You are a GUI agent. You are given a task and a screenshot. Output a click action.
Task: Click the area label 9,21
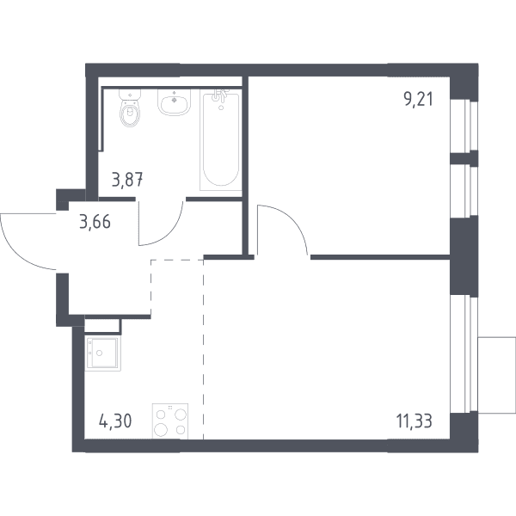[418, 100]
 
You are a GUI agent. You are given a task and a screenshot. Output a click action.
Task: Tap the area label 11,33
[414, 421]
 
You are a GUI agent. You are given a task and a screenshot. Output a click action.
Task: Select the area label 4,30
[115, 421]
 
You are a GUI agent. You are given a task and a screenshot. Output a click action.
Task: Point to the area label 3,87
[127, 181]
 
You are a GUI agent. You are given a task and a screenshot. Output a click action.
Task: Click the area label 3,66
[95, 222]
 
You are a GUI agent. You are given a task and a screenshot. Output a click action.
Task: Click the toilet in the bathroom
[130, 107]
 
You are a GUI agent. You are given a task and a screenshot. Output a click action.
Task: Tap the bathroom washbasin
[174, 102]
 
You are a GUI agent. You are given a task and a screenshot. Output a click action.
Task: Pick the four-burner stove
[169, 421]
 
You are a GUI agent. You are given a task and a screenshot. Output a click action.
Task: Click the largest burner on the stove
[161, 429]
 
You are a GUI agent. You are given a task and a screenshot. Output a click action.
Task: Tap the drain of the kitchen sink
[100, 353]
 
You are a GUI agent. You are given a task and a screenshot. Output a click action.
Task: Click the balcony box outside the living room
[496, 375]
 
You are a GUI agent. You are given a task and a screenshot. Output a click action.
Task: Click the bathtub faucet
[220, 95]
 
